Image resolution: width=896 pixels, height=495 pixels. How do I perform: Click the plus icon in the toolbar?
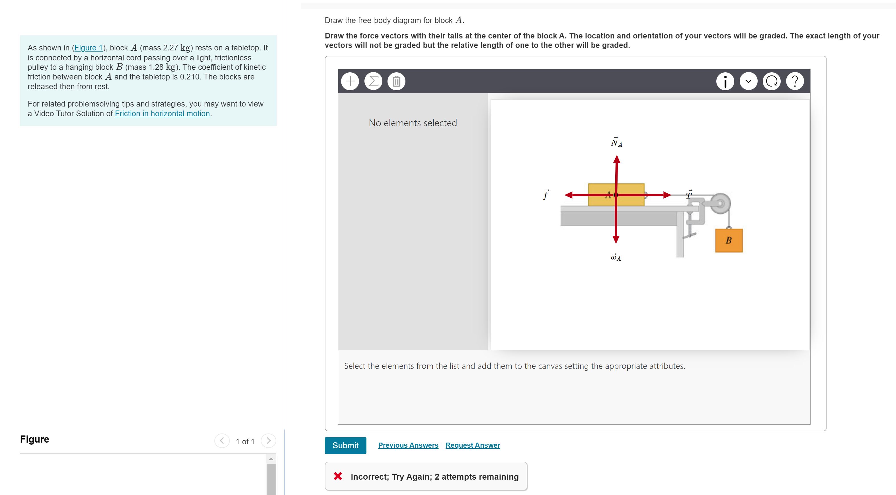click(x=350, y=81)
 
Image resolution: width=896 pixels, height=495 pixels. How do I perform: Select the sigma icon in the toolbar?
click(x=373, y=81)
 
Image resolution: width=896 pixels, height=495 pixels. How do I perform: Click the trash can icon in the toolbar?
click(x=396, y=81)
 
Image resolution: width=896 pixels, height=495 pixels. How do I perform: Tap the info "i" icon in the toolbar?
click(x=725, y=81)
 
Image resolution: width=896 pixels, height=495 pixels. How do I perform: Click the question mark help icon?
click(x=794, y=81)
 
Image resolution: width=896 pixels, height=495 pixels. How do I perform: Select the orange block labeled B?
click(x=729, y=240)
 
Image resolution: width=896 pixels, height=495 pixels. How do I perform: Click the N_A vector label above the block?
click(x=616, y=142)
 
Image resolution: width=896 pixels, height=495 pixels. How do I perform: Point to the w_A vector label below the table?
click(x=615, y=257)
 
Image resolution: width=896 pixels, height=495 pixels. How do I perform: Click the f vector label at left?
click(x=546, y=195)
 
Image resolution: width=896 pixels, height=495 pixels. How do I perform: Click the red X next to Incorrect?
click(x=338, y=476)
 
